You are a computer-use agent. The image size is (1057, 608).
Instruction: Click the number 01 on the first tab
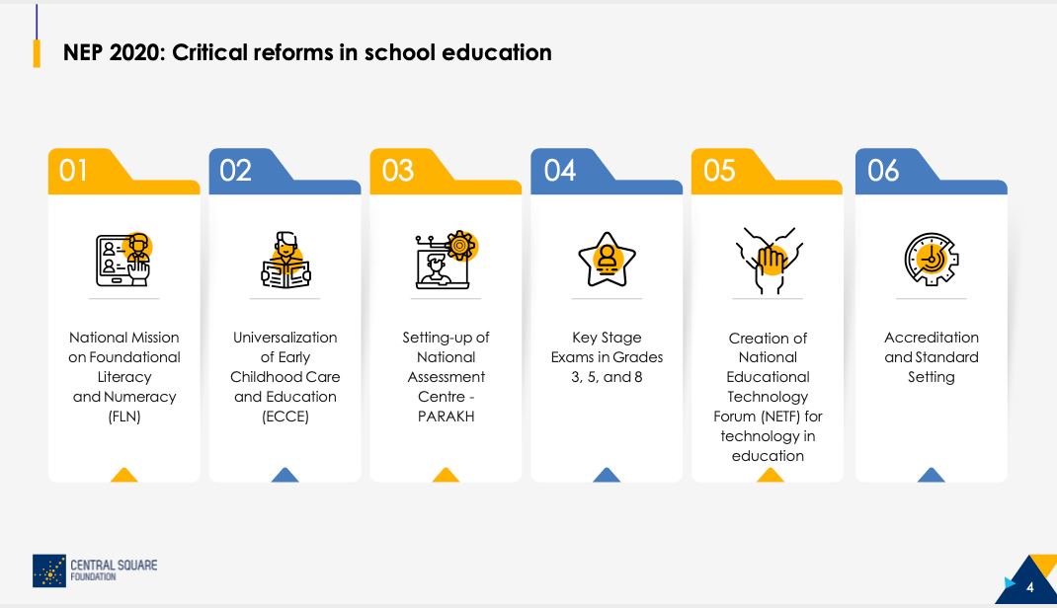tap(73, 171)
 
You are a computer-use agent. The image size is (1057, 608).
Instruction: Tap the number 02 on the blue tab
tap(235, 171)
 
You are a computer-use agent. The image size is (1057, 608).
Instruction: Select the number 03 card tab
tap(398, 171)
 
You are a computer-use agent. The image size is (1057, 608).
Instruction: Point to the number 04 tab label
tap(560, 171)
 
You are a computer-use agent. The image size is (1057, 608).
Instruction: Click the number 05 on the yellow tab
tap(719, 171)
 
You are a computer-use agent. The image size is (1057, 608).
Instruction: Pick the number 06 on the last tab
tap(883, 171)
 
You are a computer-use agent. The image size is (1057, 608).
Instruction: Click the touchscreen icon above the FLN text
tap(124, 260)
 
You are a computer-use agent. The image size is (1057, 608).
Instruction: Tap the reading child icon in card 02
tap(285, 260)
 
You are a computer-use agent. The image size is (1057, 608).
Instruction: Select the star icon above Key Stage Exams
tap(607, 260)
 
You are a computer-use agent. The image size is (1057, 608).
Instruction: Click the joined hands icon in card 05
tap(769, 261)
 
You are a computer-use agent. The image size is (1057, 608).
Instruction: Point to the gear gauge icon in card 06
tap(931, 260)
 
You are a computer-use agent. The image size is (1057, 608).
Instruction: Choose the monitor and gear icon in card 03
tap(446, 260)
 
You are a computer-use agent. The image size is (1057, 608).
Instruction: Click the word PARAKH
tap(446, 417)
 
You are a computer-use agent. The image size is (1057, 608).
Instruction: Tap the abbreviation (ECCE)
tap(285, 417)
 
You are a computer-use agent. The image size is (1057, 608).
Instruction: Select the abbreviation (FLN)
tap(124, 417)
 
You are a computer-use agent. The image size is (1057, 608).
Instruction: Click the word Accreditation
tap(931, 338)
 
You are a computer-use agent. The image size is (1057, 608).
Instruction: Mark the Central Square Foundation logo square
tap(49, 570)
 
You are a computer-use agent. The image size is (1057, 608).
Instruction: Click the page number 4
tap(1029, 588)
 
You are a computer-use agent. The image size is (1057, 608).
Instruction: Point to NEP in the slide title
tap(83, 52)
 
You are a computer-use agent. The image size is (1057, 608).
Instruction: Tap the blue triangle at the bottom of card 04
tap(607, 476)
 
